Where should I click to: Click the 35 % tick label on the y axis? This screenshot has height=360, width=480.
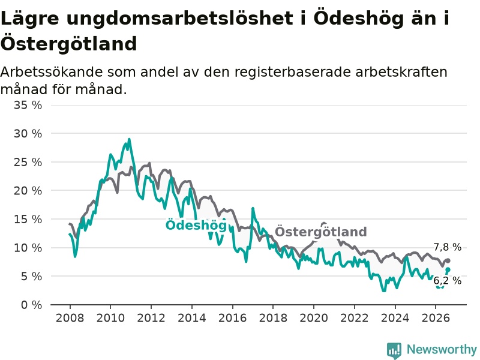pyautogui.click(x=28, y=106)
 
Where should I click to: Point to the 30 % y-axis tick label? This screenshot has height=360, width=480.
pyautogui.click(x=28, y=134)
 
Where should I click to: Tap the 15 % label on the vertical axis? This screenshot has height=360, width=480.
pyautogui.click(x=28, y=219)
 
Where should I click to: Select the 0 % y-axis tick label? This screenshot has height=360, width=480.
pyautogui.click(x=32, y=305)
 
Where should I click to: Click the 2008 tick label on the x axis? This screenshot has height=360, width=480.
pyautogui.click(x=70, y=318)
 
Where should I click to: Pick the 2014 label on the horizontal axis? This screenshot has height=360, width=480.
pyautogui.click(x=191, y=318)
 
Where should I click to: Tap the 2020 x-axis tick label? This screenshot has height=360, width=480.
pyautogui.click(x=313, y=318)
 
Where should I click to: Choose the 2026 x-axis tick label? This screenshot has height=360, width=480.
pyautogui.click(x=436, y=318)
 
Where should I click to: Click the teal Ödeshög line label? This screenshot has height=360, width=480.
pyautogui.click(x=196, y=225)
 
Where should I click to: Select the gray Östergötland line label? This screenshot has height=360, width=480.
pyautogui.click(x=320, y=232)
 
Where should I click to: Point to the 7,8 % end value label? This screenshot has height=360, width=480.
pyautogui.click(x=447, y=247)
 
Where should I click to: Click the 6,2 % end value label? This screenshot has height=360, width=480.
pyautogui.click(x=447, y=280)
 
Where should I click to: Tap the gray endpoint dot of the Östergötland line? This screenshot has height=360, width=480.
pyautogui.click(x=448, y=260)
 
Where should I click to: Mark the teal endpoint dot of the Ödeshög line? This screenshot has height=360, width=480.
pyautogui.click(x=448, y=269)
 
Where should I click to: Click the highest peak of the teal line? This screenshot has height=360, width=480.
pyautogui.click(x=129, y=139)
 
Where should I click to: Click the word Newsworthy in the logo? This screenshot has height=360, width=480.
pyautogui.click(x=442, y=349)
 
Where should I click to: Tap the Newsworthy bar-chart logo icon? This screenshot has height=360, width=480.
pyautogui.click(x=394, y=350)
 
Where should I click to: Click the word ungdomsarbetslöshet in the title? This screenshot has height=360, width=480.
pyautogui.click(x=179, y=19)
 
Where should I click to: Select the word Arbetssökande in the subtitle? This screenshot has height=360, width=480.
pyautogui.click(x=52, y=73)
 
